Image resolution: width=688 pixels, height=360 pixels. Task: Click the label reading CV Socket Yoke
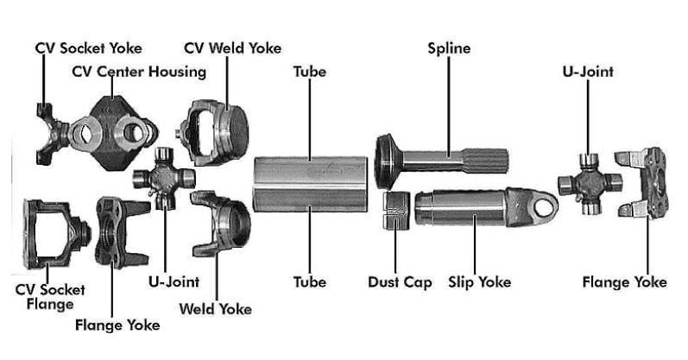[88, 48]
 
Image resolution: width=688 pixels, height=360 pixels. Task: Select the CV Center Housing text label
[137, 71]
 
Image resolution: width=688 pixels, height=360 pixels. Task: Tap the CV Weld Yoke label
[232, 48]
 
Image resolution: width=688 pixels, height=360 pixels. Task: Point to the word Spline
[449, 48]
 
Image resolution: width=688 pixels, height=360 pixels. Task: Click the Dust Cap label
[400, 282]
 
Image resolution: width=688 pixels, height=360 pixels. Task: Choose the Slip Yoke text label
[479, 282]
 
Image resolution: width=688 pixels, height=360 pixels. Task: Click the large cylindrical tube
[312, 183]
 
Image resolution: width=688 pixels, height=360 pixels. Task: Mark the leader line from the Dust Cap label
[394, 250]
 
